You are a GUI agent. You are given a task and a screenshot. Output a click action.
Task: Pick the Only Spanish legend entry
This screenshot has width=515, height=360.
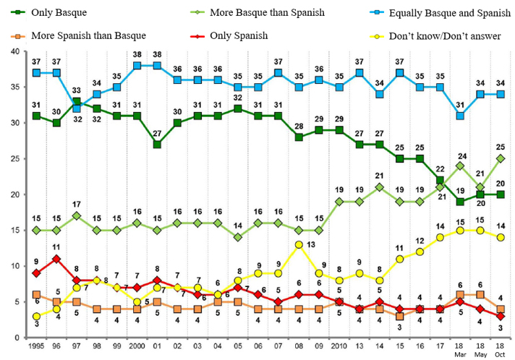point(239,34)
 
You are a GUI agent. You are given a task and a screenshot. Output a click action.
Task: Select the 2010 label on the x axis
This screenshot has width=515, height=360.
point(339,347)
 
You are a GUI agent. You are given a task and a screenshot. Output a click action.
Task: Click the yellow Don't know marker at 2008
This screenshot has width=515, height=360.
point(298,244)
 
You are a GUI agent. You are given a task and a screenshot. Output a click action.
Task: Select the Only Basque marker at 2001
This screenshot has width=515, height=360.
point(156,145)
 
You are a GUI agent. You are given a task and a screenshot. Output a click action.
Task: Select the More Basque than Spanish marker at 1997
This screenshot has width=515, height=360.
point(77,215)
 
